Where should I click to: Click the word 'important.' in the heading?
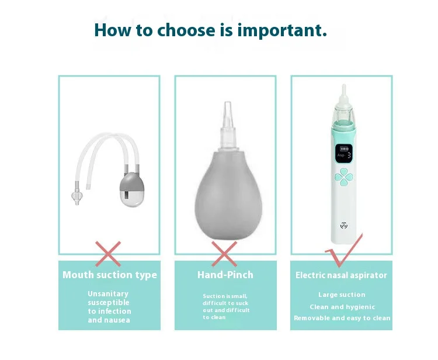[x=282, y=30]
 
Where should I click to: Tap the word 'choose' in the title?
[x=186, y=30]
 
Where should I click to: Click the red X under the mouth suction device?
[x=108, y=254]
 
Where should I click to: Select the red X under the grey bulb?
[x=224, y=254]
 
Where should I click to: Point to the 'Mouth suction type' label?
[x=110, y=275]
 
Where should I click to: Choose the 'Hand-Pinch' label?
[x=225, y=275]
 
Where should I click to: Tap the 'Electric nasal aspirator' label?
[x=341, y=275]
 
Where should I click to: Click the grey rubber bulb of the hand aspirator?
[x=228, y=196]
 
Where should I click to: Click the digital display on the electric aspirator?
[x=344, y=154]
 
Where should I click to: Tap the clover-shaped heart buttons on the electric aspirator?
[x=344, y=177]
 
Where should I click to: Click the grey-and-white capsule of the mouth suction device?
[x=132, y=189]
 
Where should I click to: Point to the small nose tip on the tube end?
[x=76, y=195]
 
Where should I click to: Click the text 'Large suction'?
[x=342, y=295]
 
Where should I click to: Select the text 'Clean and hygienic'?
[x=342, y=307]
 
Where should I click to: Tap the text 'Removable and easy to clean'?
[x=342, y=318]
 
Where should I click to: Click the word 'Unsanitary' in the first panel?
[x=108, y=294]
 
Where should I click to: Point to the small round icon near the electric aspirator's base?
[x=344, y=225]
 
